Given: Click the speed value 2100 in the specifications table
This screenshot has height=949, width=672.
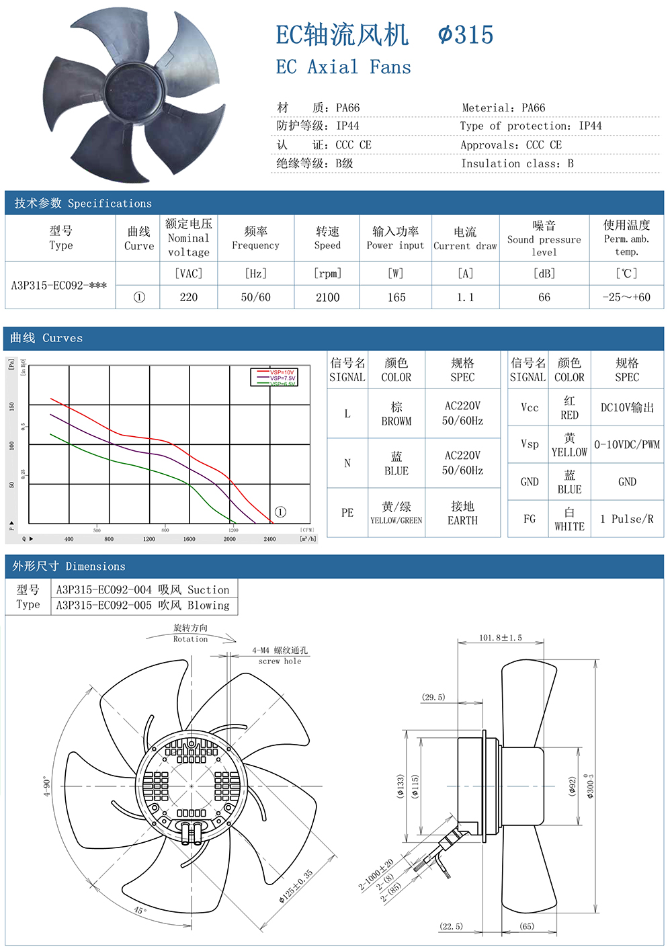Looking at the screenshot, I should click(x=328, y=297).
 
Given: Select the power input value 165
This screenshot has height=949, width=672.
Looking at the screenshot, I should click(x=396, y=297).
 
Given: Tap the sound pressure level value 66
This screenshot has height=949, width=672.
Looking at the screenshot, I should click(x=544, y=297).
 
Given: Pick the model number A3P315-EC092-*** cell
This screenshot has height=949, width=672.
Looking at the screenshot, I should click(x=60, y=285).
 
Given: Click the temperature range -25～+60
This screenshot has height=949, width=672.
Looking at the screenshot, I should click(x=626, y=297).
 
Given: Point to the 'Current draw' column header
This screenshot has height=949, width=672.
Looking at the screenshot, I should click(x=465, y=239).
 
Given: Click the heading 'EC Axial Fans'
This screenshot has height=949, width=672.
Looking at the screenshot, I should click(x=343, y=67).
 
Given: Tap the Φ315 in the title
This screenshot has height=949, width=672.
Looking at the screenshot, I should click(x=466, y=35).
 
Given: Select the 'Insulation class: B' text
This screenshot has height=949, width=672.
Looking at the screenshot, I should click(x=517, y=163).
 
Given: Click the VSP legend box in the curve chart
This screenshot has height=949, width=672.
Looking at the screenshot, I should click(x=274, y=377).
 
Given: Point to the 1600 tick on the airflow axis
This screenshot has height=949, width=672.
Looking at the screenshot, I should click(x=190, y=539).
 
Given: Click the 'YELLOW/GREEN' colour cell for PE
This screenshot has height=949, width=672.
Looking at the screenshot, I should click(x=396, y=513).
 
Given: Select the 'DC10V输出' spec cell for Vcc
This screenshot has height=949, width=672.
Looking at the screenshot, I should click(x=627, y=408).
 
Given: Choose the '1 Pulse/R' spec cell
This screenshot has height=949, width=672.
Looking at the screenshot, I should click(x=627, y=519).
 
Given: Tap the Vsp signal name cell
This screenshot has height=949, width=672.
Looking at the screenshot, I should click(x=530, y=444).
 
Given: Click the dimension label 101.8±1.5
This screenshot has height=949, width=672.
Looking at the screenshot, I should click(x=501, y=638).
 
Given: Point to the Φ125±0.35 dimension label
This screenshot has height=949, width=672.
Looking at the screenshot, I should click(x=296, y=886).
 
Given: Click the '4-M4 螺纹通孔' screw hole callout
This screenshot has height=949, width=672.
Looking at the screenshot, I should click(x=280, y=651).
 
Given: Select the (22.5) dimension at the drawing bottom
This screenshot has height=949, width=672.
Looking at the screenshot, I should click(x=451, y=926).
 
